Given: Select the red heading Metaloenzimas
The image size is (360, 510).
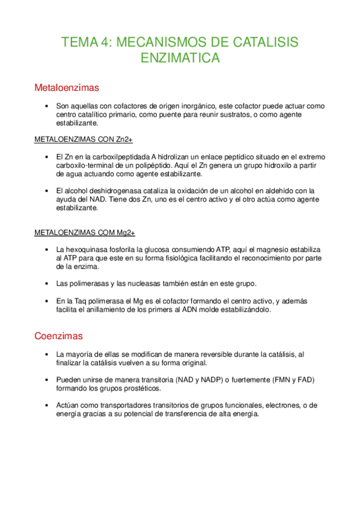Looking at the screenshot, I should tap(67, 88).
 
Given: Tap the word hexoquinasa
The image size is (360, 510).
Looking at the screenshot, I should tap(89, 249).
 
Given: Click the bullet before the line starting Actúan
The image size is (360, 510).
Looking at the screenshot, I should tap(46, 405).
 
